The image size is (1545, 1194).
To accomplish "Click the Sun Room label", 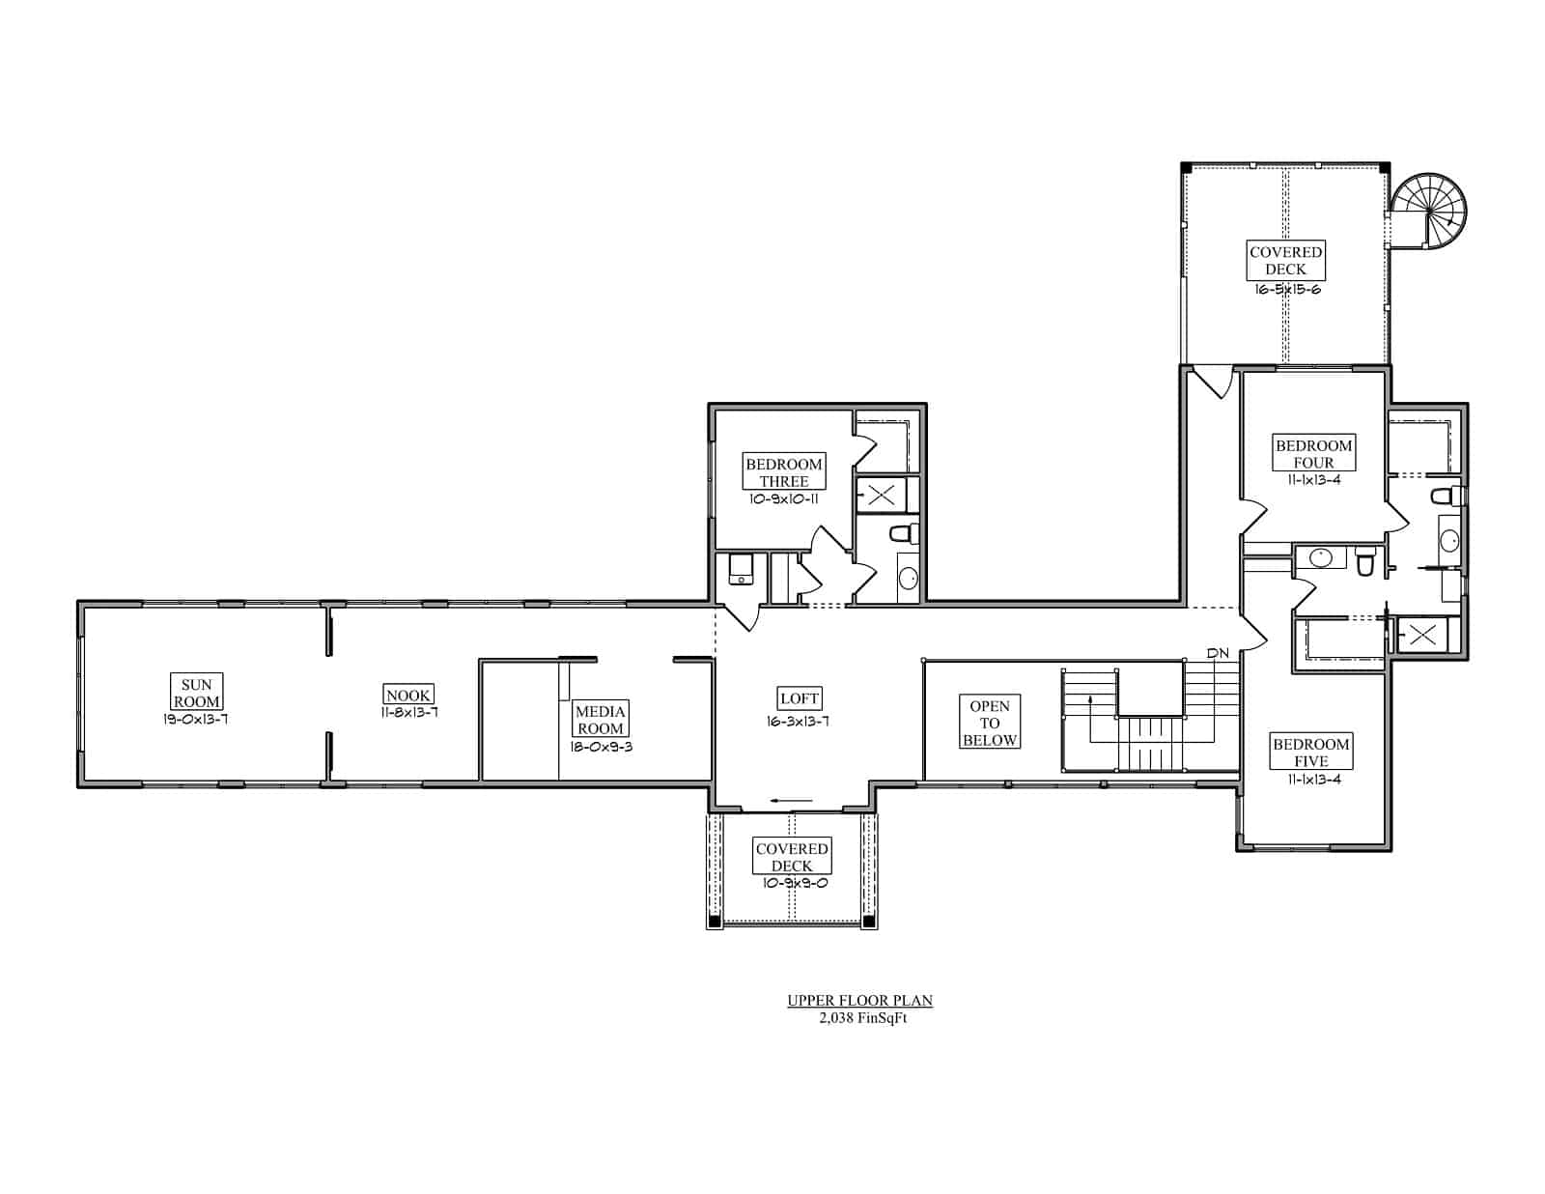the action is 196,692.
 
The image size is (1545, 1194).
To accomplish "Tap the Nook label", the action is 408,694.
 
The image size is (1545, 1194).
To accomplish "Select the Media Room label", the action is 600,719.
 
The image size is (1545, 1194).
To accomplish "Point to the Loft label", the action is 800,698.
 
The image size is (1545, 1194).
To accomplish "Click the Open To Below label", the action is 990,722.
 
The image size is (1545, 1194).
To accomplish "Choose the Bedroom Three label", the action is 783,471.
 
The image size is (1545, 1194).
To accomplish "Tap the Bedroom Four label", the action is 1313,453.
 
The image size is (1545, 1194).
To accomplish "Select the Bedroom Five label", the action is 1310,752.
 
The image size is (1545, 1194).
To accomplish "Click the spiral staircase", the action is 1429,211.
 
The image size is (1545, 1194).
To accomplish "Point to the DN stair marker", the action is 1218,653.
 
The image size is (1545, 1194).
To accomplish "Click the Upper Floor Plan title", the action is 859,1000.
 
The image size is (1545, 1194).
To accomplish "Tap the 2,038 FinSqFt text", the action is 862,1017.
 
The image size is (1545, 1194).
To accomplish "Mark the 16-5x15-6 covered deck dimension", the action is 1287,290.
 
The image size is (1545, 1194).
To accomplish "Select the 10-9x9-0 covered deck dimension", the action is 794,883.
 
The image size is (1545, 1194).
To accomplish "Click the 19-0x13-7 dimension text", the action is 195,719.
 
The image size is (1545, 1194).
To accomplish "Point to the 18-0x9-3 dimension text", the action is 601,747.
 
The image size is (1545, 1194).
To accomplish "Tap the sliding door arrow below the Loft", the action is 792,801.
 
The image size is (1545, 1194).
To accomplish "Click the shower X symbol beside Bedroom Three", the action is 881,495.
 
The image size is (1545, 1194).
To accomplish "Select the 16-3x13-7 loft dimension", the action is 798,721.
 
